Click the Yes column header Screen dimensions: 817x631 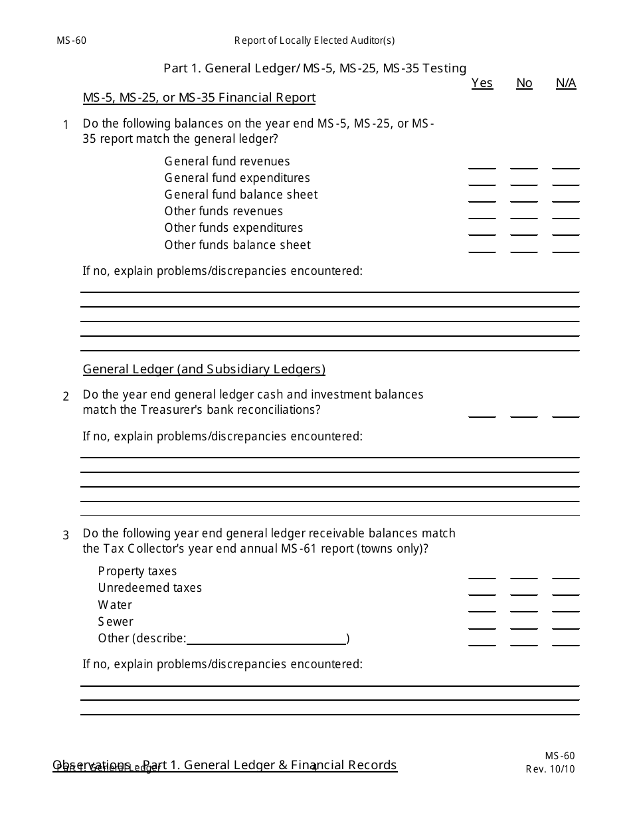point(482,83)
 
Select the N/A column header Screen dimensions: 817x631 point(566,83)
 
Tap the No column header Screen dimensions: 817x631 point(524,83)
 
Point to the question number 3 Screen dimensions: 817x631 point(66,535)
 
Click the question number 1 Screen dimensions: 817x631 point(66,125)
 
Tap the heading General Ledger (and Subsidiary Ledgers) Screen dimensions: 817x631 point(204,369)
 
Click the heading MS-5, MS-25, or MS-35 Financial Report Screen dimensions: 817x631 point(199,98)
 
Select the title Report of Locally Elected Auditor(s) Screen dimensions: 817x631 point(314,41)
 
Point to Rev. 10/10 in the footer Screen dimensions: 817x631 point(550,769)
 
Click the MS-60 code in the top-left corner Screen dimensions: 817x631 point(72,41)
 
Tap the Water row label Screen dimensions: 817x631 point(115,605)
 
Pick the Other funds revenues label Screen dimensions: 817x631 point(224,211)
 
